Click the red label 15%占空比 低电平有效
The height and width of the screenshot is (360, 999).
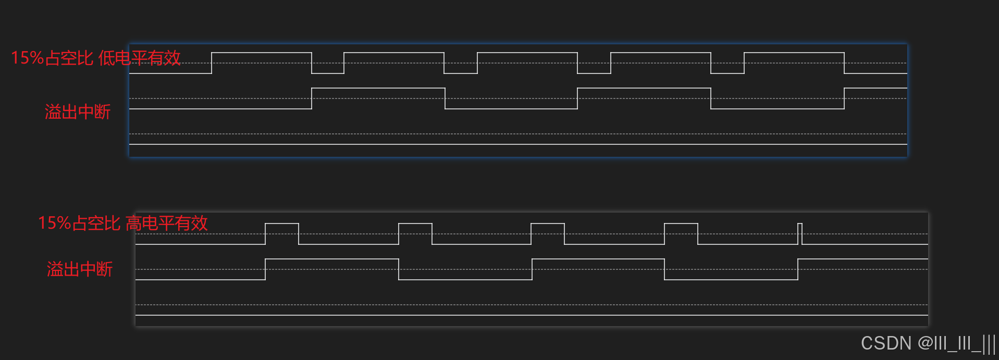(x=96, y=58)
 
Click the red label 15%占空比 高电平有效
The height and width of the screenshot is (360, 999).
(x=123, y=224)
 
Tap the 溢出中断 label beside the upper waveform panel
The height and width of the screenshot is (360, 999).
(x=78, y=112)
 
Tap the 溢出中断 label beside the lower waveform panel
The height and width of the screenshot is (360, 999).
(x=80, y=269)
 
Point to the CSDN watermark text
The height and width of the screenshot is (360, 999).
(x=928, y=343)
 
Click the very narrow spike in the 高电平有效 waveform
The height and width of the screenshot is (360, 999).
(x=800, y=233)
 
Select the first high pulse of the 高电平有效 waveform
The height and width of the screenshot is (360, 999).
(x=282, y=224)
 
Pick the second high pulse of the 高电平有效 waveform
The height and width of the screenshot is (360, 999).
(x=415, y=224)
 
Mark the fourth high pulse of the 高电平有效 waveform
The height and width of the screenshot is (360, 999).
(x=681, y=224)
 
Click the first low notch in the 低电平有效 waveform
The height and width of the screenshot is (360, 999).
(x=328, y=73)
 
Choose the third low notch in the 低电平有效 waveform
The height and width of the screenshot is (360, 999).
(x=594, y=73)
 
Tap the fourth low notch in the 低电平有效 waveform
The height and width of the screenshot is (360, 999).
(x=727, y=73)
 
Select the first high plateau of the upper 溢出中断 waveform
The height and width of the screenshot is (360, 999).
(x=378, y=89)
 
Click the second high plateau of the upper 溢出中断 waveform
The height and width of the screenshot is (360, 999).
(x=644, y=89)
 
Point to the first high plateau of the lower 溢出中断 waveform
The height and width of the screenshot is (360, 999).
(x=332, y=259)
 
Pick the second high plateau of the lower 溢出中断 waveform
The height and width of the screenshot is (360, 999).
(x=598, y=259)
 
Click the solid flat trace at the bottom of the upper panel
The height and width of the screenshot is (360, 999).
(x=518, y=144)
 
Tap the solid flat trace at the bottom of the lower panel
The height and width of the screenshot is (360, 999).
(x=532, y=315)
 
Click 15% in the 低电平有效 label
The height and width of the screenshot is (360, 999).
(x=27, y=58)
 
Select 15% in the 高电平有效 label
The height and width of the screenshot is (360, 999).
(x=54, y=224)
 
